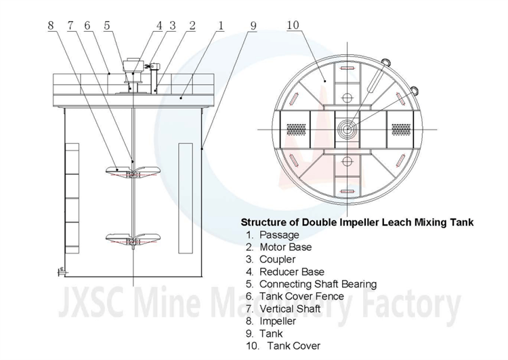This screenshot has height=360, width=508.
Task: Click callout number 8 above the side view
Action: coord(50,26)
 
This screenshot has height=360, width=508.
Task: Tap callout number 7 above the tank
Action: coord(69,26)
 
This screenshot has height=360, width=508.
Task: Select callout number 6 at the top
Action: coord(87,26)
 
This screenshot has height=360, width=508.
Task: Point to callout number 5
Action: coord(107,26)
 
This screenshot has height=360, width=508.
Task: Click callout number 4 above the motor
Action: coord(159,26)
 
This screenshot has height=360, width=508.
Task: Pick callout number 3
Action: coord(173,26)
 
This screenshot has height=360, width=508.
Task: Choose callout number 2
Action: coord(193,26)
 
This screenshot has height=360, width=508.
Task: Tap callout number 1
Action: coord(221,26)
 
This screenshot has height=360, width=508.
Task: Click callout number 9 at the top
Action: coord(253,26)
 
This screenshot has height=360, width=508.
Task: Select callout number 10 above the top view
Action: coord(293,26)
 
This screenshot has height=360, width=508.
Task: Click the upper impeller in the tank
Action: coord(133,170)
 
